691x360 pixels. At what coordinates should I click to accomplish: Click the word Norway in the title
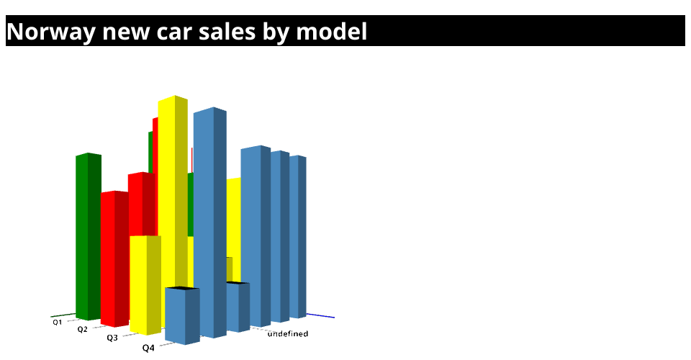pos(51,32)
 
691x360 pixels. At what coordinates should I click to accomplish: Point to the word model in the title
pos(331,32)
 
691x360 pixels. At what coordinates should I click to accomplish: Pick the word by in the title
pos(276,33)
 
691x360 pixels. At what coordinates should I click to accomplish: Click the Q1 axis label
pos(58,322)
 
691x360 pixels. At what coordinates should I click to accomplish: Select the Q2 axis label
pos(82,329)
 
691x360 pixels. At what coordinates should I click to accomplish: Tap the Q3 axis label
pos(112,338)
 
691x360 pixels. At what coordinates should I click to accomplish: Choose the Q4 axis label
pos(148,348)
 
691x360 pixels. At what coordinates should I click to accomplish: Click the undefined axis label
pos(288,334)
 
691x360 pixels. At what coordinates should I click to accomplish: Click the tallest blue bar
pos(210,222)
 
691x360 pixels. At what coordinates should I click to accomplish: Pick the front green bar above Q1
pos(88,237)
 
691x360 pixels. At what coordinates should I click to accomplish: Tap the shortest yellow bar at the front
pos(145,285)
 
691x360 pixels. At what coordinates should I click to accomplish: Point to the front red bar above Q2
pos(114,259)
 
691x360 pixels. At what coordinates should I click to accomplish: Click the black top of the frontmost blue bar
pos(182,289)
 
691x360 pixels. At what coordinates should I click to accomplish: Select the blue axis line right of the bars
pos(320,315)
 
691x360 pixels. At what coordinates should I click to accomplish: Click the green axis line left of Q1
pos(63,315)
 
